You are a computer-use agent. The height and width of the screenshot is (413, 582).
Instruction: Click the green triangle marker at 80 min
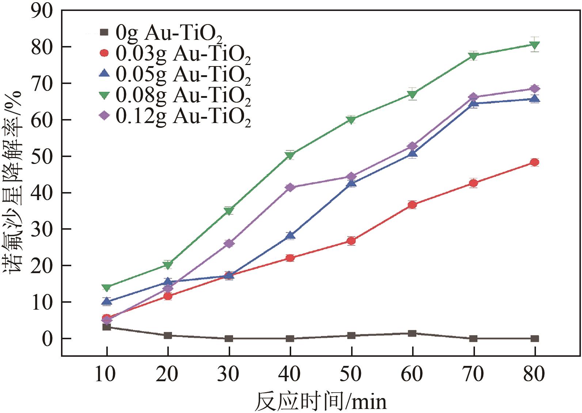click(535, 45)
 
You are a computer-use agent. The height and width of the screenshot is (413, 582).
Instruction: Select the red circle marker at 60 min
click(412, 205)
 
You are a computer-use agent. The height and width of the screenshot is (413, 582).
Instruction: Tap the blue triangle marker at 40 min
click(290, 235)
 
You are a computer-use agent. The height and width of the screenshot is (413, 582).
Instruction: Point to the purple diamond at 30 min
click(229, 244)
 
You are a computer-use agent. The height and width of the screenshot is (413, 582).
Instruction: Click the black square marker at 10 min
click(107, 327)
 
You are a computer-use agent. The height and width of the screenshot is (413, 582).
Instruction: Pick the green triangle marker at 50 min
click(351, 120)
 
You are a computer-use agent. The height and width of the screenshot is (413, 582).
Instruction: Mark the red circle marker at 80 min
click(535, 162)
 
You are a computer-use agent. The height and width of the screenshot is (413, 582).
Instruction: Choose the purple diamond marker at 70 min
click(473, 97)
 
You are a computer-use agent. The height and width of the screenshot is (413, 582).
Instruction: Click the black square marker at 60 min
click(412, 333)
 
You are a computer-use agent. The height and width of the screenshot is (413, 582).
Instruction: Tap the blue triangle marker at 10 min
click(107, 301)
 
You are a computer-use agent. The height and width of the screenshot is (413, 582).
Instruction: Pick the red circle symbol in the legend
click(104, 53)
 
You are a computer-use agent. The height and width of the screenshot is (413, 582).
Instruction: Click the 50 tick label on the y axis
click(42, 156)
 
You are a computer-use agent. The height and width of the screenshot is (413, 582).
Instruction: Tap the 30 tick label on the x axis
click(228, 374)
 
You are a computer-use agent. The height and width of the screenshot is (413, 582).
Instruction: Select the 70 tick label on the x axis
click(473, 374)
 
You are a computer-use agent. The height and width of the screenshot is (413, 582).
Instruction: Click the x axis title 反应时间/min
click(320, 402)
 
